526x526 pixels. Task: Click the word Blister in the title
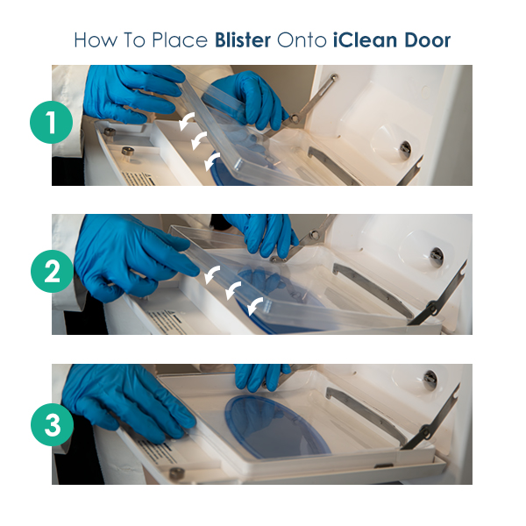pos(243,40)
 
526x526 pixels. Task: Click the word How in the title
pos(96,40)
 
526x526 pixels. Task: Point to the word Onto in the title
pos(302,40)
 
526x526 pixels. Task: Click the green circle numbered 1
pos(52,123)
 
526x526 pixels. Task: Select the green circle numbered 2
pos(52,272)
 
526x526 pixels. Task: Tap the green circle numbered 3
pos(52,424)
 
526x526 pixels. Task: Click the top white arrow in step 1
pos(186,121)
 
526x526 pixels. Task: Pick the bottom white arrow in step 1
pos(211,161)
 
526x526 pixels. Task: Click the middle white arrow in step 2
pos(233,290)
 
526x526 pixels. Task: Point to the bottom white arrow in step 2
pos(255,306)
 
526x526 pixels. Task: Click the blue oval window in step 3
pos(277,427)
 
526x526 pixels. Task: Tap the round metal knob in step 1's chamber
pos(405,149)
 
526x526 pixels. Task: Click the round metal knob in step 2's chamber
pos(437,257)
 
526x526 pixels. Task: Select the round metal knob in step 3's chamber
pos(430,380)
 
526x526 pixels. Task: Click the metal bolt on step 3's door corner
pos(177,473)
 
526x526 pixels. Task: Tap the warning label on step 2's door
pos(167,322)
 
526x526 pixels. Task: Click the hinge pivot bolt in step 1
pos(295,118)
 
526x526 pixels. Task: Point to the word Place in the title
pos(180,40)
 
